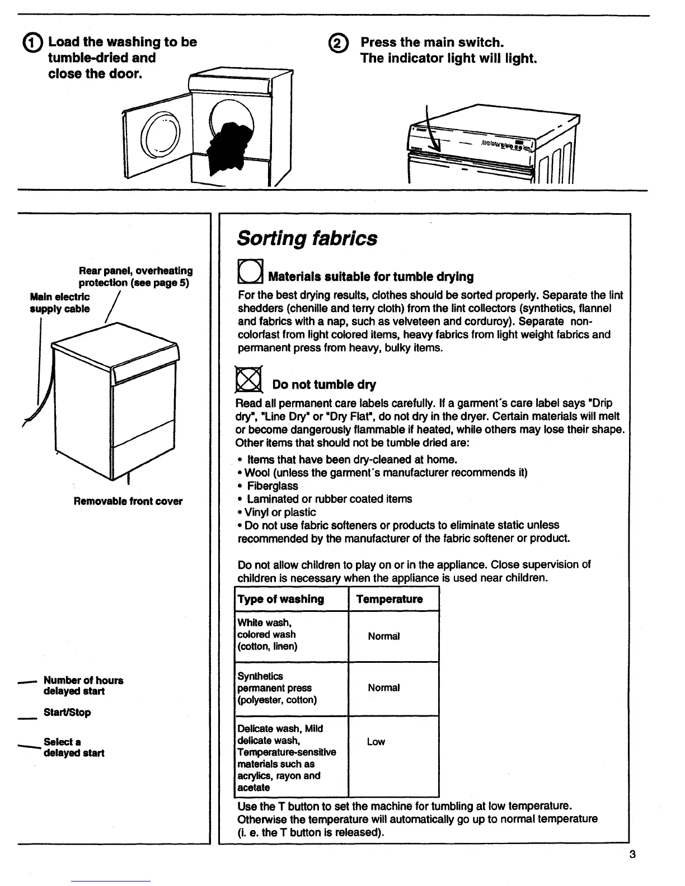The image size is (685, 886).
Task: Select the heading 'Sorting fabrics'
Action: [x=307, y=238]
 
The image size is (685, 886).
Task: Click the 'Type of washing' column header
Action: [x=281, y=599]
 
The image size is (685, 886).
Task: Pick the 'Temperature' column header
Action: [x=390, y=599]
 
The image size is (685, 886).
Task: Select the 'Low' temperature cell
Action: [x=376, y=742]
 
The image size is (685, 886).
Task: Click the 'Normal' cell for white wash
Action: [x=384, y=637]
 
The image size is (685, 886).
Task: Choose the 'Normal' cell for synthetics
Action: [x=384, y=688]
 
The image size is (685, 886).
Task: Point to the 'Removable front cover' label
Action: [x=128, y=501]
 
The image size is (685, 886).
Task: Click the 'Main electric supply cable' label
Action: [x=60, y=303]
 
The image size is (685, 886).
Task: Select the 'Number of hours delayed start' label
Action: [x=83, y=686]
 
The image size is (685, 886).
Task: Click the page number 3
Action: [x=632, y=854]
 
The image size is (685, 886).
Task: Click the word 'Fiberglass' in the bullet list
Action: [x=273, y=486]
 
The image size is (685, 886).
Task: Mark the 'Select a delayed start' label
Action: [x=74, y=747]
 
